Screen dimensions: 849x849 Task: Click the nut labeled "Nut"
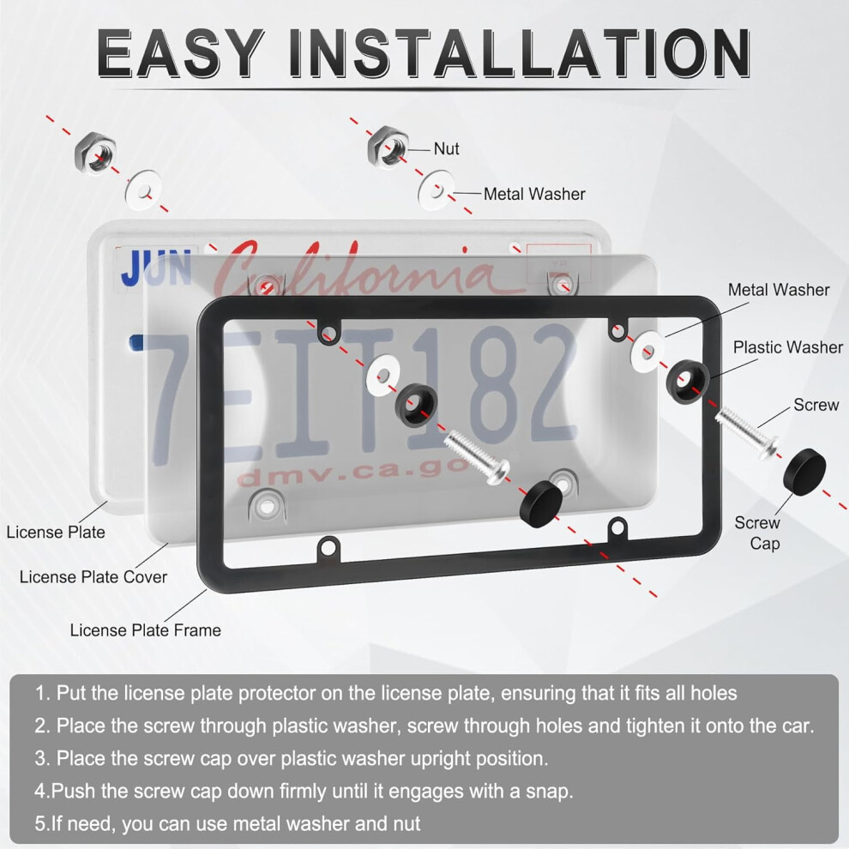click(388, 147)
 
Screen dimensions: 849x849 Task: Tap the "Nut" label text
click(446, 149)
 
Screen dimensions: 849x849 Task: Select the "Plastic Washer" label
click(788, 347)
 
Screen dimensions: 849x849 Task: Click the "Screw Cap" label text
click(757, 533)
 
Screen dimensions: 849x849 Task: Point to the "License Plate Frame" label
click(146, 630)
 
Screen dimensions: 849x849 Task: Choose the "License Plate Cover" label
click(93, 577)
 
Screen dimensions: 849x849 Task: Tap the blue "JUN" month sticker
click(156, 268)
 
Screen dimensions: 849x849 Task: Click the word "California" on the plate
click(352, 268)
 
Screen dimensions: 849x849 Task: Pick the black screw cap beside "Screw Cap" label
click(804, 472)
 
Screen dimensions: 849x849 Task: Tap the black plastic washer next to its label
click(688, 381)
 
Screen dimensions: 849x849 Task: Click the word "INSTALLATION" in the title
click(520, 53)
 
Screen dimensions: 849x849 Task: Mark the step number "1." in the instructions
click(43, 693)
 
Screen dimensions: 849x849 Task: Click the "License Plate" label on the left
click(56, 533)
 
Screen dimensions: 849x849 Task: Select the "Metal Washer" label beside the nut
click(534, 194)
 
